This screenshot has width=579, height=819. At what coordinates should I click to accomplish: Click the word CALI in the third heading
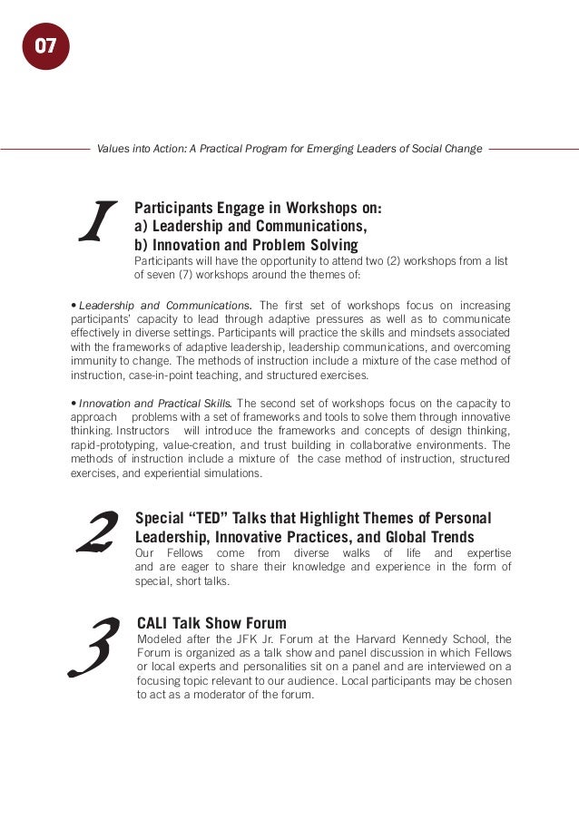pos(156,623)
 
